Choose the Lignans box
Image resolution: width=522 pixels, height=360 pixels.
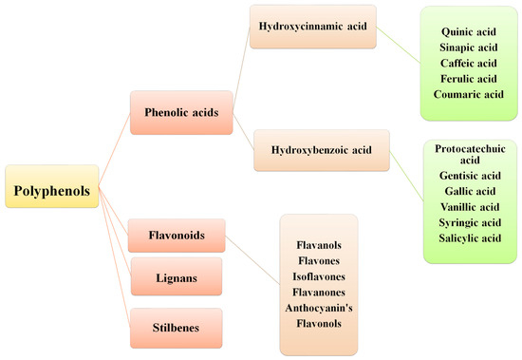177,276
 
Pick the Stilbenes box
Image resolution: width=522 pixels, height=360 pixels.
177,326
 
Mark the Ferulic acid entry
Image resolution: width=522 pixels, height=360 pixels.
465,80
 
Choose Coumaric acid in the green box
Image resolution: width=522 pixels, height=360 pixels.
465,94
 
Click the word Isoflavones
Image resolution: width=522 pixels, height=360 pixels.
318,276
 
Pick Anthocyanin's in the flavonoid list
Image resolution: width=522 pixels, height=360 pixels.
318,307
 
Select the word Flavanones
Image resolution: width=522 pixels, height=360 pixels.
318,292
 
